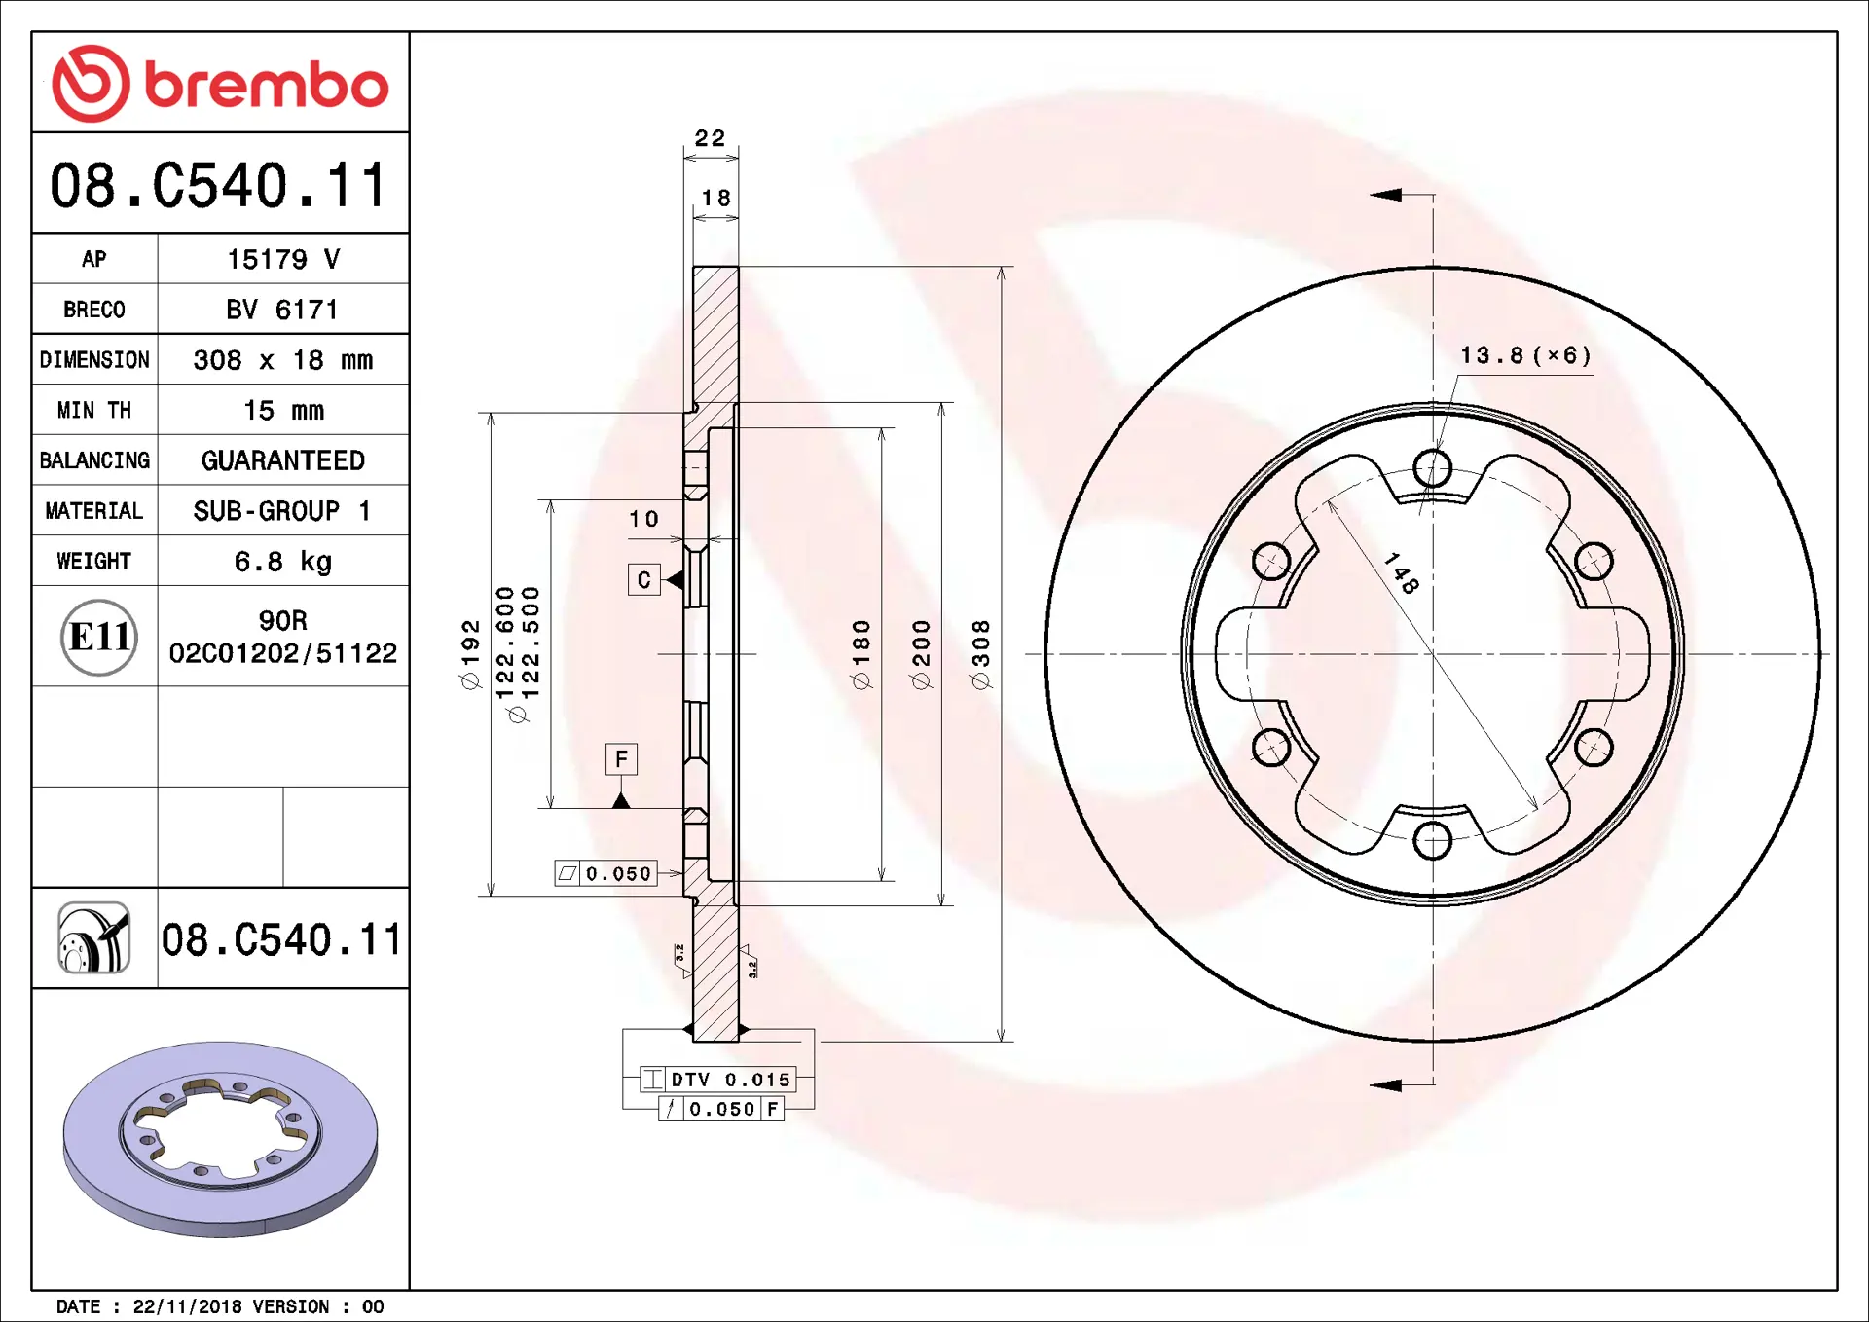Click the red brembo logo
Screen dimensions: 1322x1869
tap(219, 84)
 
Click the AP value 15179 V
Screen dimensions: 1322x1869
tap(282, 259)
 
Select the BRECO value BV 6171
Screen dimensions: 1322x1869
tap(282, 310)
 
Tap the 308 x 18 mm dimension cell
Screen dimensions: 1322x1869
tap(282, 360)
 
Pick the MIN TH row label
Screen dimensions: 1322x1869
tap(94, 411)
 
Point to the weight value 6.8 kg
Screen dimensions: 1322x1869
tap(282, 562)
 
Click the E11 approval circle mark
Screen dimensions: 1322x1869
tap(98, 638)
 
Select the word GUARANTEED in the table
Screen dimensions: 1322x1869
tap(282, 460)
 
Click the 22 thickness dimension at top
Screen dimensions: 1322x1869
tap(710, 138)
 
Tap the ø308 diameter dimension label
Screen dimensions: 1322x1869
tap(981, 654)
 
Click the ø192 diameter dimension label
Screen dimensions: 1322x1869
tap(471, 654)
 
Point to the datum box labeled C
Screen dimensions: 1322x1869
tap(643, 580)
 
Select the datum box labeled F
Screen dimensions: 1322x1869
tap(621, 759)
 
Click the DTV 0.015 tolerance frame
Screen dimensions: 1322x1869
tap(718, 1080)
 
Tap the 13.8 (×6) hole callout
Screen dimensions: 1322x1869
tap(1524, 355)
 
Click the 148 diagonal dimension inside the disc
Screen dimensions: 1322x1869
tap(1402, 572)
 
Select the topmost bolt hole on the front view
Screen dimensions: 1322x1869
tap(1432, 468)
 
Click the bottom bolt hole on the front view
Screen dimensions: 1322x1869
tap(1432, 840)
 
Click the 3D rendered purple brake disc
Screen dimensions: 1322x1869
tap(220, 1139)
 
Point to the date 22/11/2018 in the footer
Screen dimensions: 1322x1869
tap(187, 1306)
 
